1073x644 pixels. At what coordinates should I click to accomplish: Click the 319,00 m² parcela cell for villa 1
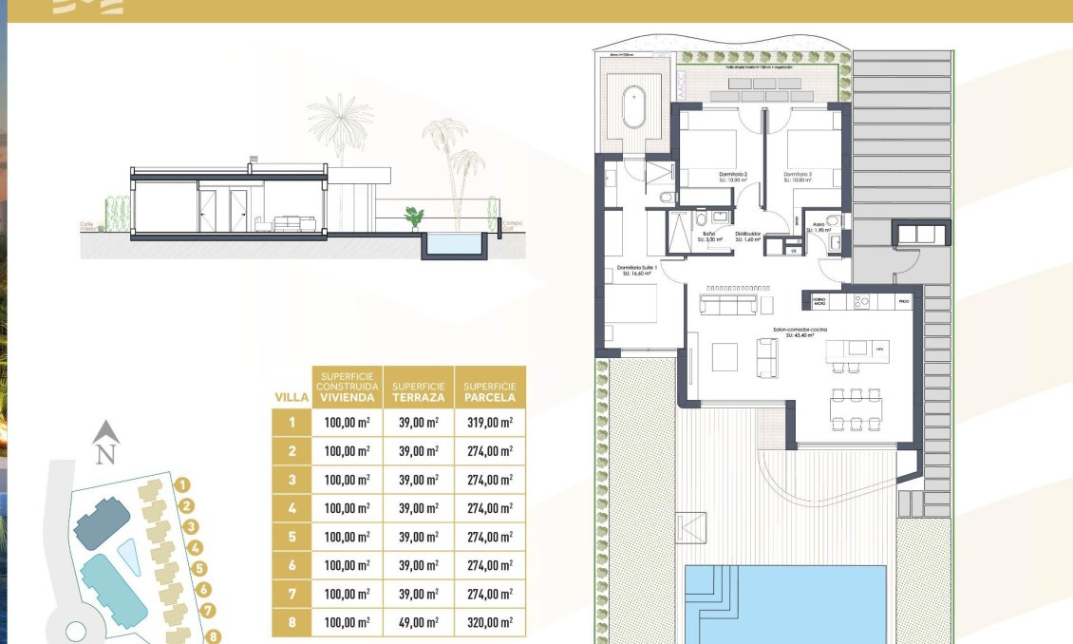click(x=489, y=423)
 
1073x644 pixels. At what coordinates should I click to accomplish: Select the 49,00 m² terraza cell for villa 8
click(x=419, y=623)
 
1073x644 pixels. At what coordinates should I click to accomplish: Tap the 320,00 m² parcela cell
click(x=489, y=623)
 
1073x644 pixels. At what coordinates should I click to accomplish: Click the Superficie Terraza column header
click(x=419, y=387)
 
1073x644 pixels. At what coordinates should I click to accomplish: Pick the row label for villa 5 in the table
click(x=292, y=537)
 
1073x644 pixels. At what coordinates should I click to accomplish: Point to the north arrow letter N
click(x=106, y=454)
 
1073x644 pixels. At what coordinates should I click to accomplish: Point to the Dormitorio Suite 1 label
click(x=638, y=269)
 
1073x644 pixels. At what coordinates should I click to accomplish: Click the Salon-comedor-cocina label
click(x=800, y=329)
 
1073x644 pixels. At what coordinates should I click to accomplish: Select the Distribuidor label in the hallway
click(x=749, y=233)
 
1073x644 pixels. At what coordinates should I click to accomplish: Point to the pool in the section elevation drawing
click(x=455, y=245)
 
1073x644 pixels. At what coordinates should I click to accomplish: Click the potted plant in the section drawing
click(x=414, y=218)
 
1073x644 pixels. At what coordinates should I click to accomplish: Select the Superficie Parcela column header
click(x=489, y=387)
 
